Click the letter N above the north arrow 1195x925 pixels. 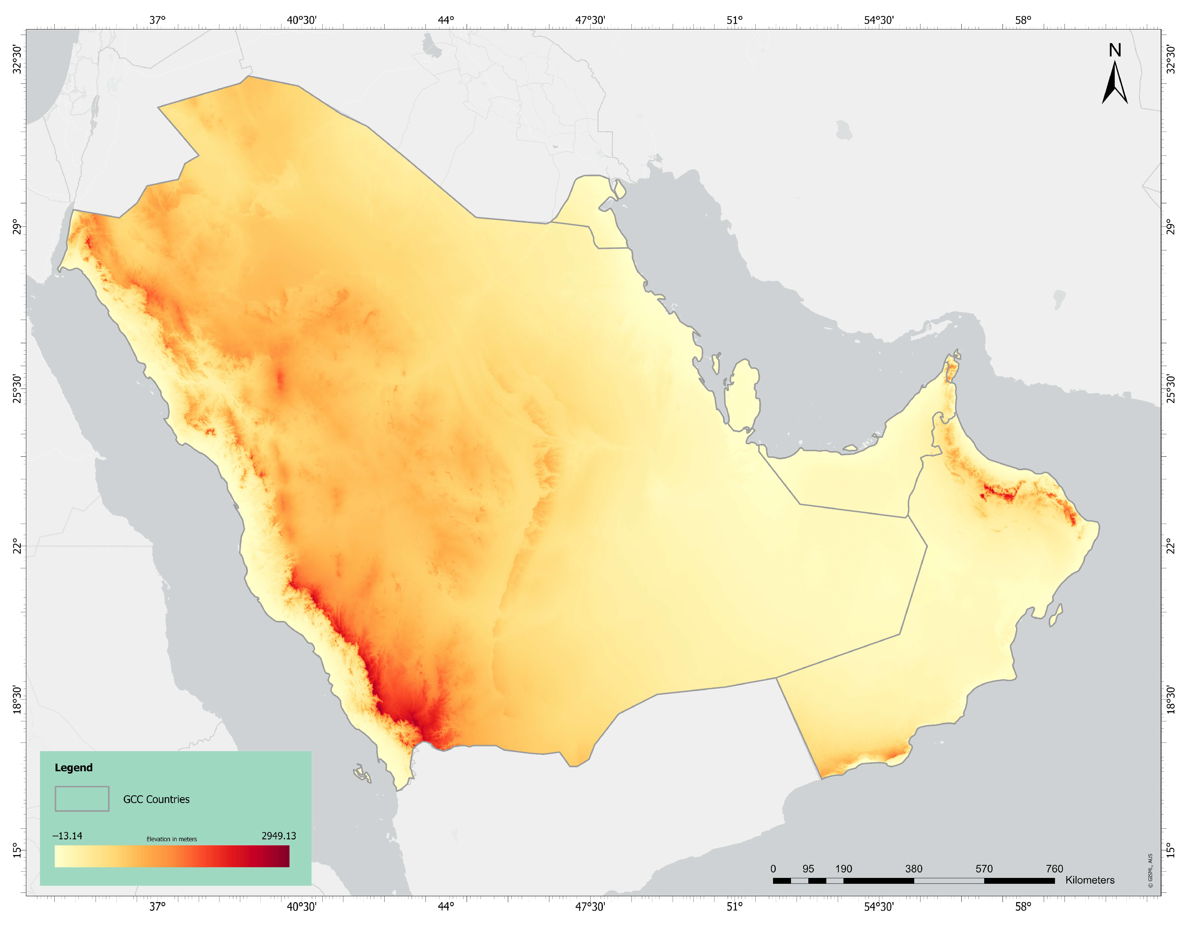(x=1115, y=50)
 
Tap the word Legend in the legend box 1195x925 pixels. (x=73, y=767)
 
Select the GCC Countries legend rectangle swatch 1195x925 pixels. (x=82, y=799)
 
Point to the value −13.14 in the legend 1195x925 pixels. (x=67, y=836)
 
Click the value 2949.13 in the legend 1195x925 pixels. (x=279, y=836)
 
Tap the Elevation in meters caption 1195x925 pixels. (x=171, y=839)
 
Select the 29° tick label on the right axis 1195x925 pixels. (x=1170, y=226)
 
